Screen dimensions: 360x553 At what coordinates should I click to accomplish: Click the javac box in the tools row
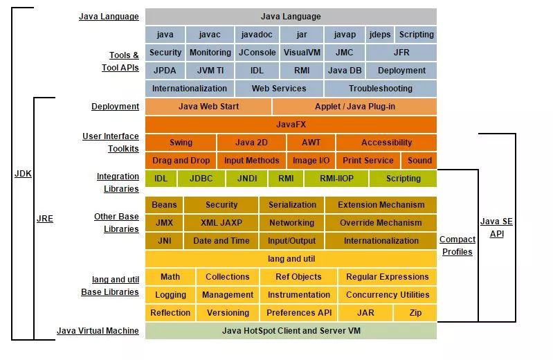pyautogui.click(x=209, y=34)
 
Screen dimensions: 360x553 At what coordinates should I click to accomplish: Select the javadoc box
pyautogui.click(x=256, y=34)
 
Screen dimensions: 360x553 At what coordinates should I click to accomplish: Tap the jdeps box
pyautogui.click(x=379, y=34)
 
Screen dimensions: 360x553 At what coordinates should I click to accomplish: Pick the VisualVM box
pyautogui.click(x=301, y=52)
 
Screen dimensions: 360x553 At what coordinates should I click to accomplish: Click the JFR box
pyautogui.click(x=401, y=52)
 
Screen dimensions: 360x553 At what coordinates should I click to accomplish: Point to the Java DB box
pyautogui.click(x=345, y=70)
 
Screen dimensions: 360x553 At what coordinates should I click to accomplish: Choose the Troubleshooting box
pyautogui.click(x=380, y=88)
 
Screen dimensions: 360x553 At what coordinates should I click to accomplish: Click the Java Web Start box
pyautogui.click(x=208, y=107)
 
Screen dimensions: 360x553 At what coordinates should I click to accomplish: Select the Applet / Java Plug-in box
pyautogui.click(x=354, y=107)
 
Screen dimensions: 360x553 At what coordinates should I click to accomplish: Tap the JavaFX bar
pyautogui.click(x=291, y=125)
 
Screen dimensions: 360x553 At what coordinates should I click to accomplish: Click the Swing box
pyautogui.click(x=181, y=143)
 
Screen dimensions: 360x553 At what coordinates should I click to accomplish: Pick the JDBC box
pyautogui.click(x=201, y=178)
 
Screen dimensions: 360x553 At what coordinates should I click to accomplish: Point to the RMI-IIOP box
pyautogui.click(x=337, y=178)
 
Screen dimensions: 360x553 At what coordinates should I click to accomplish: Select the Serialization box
pyautogui.click(x=292, y=205)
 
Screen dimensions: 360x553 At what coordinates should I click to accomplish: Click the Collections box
pyautogui.click(x=227, y=277)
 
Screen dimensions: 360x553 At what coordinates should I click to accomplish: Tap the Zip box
pyautogui.click(x=415, y=313)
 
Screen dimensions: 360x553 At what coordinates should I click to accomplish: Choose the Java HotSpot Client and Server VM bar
pyautogui.click(x=291, y=331)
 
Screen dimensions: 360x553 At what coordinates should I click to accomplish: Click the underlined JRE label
pyautogui.click(x=45, y=219)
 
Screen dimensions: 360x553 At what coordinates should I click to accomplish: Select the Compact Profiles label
pyautogui.click(x=457, y=246)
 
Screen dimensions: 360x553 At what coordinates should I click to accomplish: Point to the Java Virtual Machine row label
pyautogui.click(x=98, y=331)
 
